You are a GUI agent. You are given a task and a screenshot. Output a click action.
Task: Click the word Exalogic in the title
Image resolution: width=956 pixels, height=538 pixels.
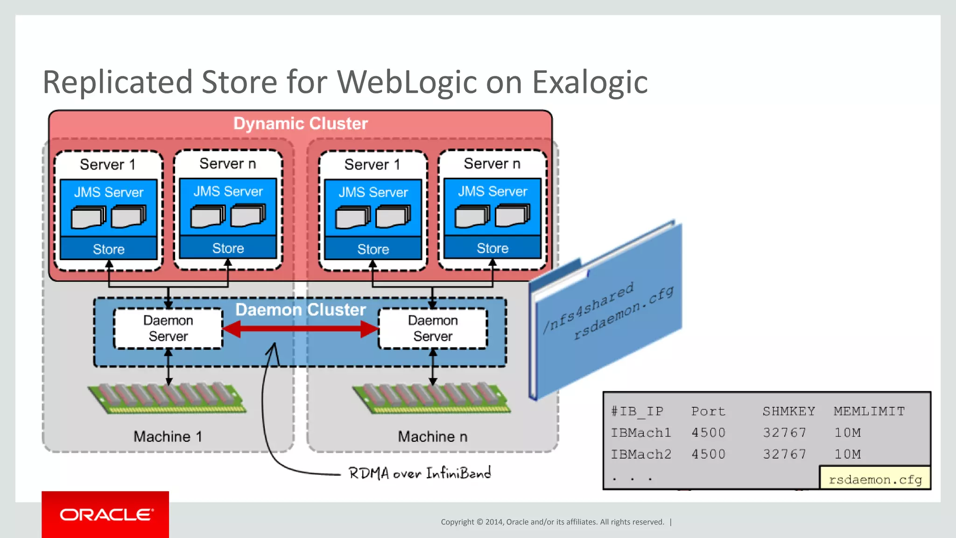pyautogui.click(x=590, y=83)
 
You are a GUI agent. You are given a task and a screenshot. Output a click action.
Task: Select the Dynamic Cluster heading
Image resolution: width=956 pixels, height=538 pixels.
pyautogui.click(x=301, y=124)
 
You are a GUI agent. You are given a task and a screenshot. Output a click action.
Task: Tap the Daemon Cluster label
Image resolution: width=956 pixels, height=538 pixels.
pyautogui.click(x=301, y=310)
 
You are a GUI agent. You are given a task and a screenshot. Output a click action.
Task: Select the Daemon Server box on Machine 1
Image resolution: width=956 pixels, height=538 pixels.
pyautogui.click(x=168, y=328)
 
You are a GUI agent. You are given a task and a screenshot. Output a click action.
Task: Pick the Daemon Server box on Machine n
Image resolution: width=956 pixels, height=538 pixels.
pyautogui.click(x=433, y=328)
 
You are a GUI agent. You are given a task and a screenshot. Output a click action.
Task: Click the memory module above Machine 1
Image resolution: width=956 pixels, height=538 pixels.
pyautogui.click(x=167, y=398)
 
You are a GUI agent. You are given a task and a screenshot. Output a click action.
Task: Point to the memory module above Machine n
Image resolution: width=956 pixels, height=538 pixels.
pyautogui.click(x=431, y=398)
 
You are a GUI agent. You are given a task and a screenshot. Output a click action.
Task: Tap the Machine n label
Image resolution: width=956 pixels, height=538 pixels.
pyautogui.click(x=432, y=437)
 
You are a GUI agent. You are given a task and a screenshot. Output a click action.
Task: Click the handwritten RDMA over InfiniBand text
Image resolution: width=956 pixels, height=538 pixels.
pyautogui.click(x=419, y=473)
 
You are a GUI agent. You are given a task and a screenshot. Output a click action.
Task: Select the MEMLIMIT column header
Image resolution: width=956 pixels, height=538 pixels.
pyautogui.click(x=869, y=411)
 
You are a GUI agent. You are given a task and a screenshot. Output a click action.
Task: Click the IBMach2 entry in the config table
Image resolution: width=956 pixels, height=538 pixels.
pyautogui.click(x=641, y=454)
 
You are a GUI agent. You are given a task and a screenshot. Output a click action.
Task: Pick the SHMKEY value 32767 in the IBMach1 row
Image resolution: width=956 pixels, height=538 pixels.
pyautogui.click(x=784, y=432)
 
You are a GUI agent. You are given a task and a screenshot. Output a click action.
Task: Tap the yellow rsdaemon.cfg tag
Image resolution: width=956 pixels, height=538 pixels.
pyautogui.click(x=875, y=480)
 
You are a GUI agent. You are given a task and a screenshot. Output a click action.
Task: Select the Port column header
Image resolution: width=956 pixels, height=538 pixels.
pyautogui.click(x=708, y=411)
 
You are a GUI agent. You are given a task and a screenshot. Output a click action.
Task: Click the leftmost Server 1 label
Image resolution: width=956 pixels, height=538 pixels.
pyautogui.click(x=107, y=165)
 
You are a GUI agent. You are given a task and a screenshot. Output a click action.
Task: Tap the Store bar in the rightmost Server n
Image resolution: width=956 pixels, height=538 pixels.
pyautogui.click(x=492, y=248)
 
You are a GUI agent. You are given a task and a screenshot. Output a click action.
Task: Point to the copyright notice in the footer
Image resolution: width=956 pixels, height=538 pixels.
pyautogui.click(x=552, y=522)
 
